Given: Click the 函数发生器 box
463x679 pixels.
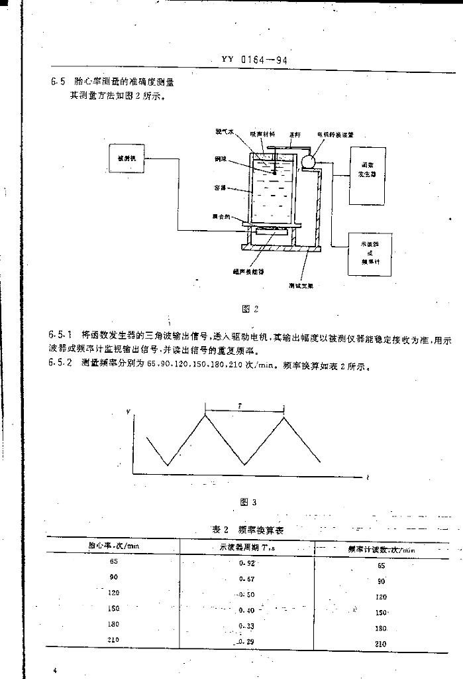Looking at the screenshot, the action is (x=368, y=175).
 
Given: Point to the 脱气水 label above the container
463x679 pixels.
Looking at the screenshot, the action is (x=224, y=133).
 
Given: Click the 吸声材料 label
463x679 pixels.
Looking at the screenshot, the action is (x=262, y=133).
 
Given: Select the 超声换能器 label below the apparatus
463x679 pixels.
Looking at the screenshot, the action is (x=248, y=271).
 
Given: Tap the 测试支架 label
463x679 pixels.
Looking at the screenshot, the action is (x=305, y=286).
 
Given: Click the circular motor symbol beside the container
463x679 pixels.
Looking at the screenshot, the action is (x=306, y=161).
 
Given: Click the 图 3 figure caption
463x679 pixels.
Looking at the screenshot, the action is (x=249, y=501).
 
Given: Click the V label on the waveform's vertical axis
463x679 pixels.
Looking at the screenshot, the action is (x=128, y=413).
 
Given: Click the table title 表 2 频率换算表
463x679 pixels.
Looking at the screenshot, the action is (x=248, y=530).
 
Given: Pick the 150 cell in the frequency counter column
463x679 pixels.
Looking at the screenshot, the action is (x=381, y=613).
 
